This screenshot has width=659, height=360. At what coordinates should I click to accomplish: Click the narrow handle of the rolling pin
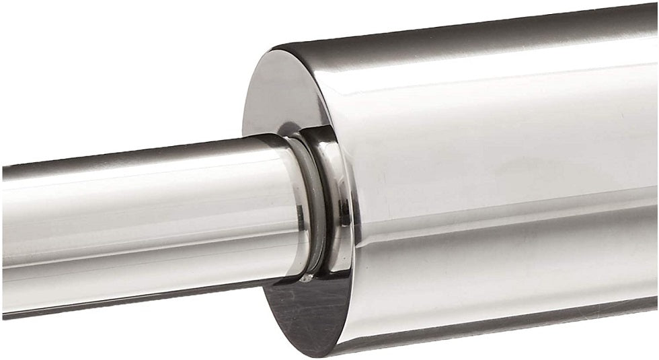[x=134, y=222]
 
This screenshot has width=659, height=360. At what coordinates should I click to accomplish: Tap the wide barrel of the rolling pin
[x=504, y=168]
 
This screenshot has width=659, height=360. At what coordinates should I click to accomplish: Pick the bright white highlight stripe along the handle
[x=134, y=195]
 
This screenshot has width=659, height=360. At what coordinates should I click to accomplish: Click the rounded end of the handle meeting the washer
[x=296, y=202]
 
